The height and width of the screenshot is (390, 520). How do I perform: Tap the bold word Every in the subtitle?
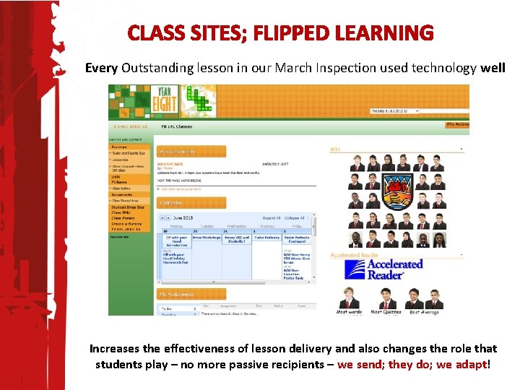click(102, 69)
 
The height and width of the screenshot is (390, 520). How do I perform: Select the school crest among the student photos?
click(396, 190)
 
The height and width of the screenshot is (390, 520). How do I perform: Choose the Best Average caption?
click(424, 312)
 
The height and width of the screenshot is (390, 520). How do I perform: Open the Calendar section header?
click(171, 203)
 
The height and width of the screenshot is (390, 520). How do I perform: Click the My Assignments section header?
click(178, 294)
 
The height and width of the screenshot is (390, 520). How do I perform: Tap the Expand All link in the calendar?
click(272, 217)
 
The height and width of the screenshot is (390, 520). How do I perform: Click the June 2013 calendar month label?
click(182, 217)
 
